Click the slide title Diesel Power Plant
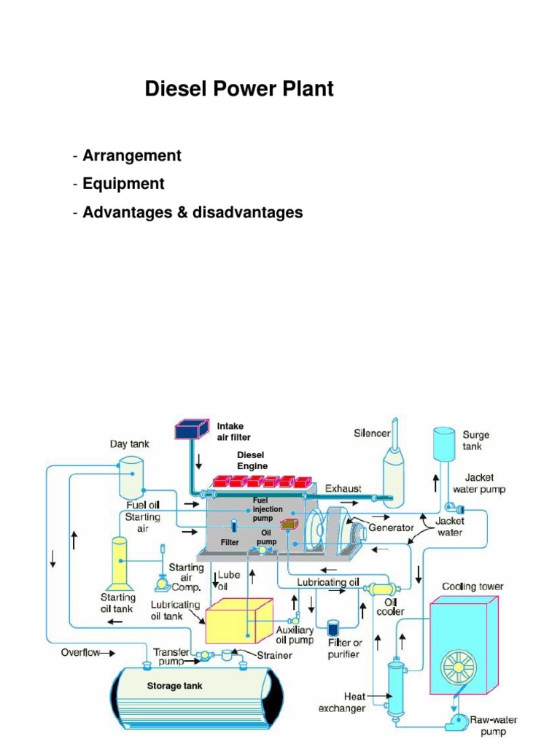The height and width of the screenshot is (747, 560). click(x=239, y=89)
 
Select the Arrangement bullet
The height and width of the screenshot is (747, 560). click(x=131, y=155)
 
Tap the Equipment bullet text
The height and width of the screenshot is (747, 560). click(x=123, y=184)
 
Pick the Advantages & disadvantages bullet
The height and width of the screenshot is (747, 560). click(x=192, y=212)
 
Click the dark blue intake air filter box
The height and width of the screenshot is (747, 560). click(x=192, y=430)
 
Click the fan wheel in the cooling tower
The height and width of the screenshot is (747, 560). click(x=462, y=665)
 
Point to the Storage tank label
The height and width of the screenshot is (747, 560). click(x=174, y=686)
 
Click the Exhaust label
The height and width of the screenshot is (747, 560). click(x=343, y=488)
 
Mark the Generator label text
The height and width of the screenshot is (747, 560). click(x=392, y=527)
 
